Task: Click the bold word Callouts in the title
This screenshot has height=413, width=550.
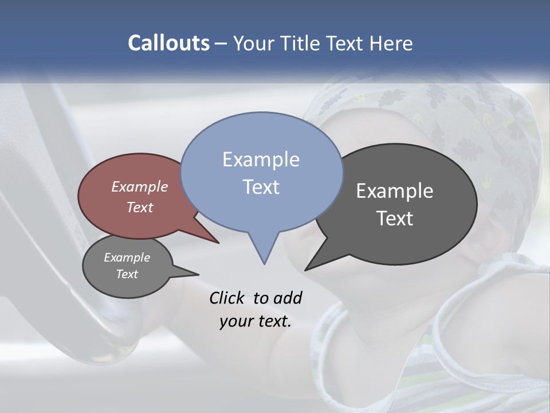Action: coord(168,43)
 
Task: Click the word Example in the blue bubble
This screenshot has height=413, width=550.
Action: coord(261,159)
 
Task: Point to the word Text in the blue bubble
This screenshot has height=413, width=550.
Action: coord(261,187)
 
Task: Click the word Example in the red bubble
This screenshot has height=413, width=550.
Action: coord(140,186)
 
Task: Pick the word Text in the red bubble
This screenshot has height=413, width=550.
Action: coord(140,207)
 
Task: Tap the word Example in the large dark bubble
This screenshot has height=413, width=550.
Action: coord(395,191)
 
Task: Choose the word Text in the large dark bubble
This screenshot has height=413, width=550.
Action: coord(395,219)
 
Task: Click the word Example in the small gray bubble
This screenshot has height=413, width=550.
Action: coord(127,258)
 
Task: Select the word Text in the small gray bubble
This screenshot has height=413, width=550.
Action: coord(127,274)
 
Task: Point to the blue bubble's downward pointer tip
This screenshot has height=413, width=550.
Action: coord(264,263)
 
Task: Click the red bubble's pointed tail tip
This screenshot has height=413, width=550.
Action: coord(219,243)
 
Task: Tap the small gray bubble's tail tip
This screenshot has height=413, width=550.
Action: coord(198,274)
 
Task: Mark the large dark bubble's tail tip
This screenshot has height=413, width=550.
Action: coord(305,270)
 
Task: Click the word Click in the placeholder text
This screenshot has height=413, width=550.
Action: coord(226,298)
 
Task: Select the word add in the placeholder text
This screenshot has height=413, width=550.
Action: coord(288,298)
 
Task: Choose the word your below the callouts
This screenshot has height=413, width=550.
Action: coord(236,321)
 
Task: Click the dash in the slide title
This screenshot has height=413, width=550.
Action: coord(221,44)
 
